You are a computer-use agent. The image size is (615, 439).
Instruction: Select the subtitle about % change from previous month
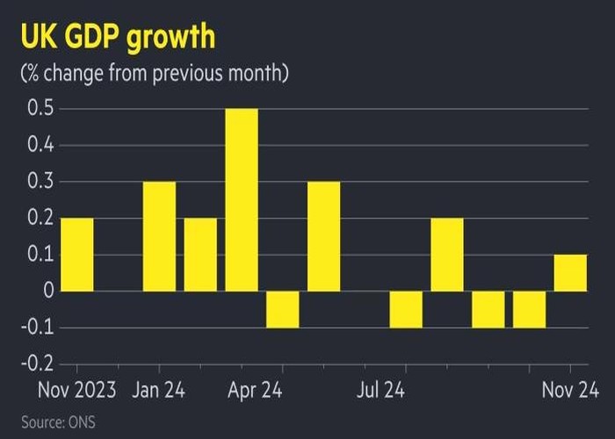(x=154, y=74)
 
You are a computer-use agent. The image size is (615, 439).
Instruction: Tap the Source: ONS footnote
(x=58, y=422)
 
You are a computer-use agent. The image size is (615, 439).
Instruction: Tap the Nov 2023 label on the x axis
(x=76, y=389)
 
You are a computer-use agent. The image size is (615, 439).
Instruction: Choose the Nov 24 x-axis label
(x=570, y=389)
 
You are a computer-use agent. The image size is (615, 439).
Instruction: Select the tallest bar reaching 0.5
(x=242, y=200)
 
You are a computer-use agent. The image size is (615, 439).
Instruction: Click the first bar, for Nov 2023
(x=76, y=255)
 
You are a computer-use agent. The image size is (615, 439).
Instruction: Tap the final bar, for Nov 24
(x=570, y=273)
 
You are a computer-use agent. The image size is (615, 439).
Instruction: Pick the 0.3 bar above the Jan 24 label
(x=159, y=236)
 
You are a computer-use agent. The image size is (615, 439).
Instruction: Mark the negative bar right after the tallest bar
(x=283, y=309)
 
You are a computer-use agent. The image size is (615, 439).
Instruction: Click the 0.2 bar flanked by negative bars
(x=447, y=255)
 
